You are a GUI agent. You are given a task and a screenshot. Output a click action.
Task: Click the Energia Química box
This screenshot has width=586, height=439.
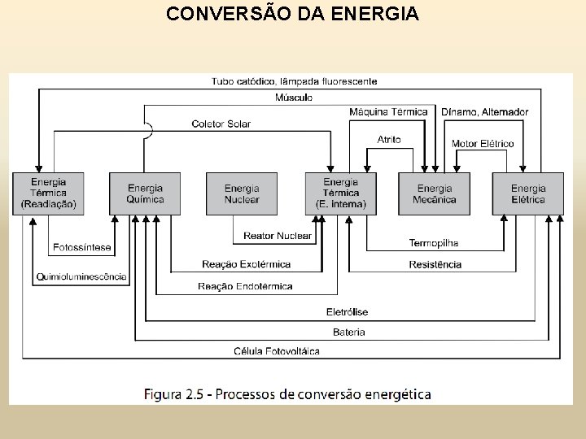[x=146, y=193]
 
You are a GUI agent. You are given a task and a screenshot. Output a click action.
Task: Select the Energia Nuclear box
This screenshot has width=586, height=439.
[x=242, y=193]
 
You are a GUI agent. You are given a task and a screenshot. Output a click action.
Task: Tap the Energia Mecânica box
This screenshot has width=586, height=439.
[x=434, y=193]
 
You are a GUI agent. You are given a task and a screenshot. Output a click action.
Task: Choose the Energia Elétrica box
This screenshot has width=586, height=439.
[x=528, y=193]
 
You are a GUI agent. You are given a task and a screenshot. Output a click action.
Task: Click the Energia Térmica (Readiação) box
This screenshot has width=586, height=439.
[x=49, y=193]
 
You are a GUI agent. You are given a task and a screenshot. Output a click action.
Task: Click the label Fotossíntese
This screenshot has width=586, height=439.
[x=82, y=247]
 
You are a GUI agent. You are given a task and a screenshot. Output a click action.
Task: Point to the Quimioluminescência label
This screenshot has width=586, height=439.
[x=81, y=276]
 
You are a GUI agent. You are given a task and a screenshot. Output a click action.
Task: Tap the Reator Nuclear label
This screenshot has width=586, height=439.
[x=278, y=236]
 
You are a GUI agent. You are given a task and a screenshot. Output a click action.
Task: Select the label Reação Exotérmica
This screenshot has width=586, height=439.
[x=247, y=264]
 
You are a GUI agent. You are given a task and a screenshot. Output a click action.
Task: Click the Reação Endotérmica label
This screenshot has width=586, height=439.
[x=245, y=286]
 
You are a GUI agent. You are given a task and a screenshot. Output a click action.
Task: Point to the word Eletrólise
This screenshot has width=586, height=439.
[x=348, y=311]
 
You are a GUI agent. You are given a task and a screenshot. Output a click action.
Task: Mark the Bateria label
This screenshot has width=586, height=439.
[x=349, y=332]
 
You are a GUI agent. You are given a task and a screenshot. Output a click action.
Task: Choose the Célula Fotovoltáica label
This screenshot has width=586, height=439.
[x=276, y=351]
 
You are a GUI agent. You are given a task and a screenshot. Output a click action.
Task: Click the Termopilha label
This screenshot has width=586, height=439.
[x=433, y=243]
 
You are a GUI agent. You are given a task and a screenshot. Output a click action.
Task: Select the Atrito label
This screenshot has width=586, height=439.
[x=389, y=140]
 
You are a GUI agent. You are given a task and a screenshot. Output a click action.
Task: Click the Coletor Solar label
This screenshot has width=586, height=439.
[x=221, y=124]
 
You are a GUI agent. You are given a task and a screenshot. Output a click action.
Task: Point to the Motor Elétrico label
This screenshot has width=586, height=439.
[x=483, y=144]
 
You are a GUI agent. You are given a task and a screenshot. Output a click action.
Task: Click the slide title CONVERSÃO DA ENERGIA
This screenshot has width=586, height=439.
[x=293, y=14]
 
